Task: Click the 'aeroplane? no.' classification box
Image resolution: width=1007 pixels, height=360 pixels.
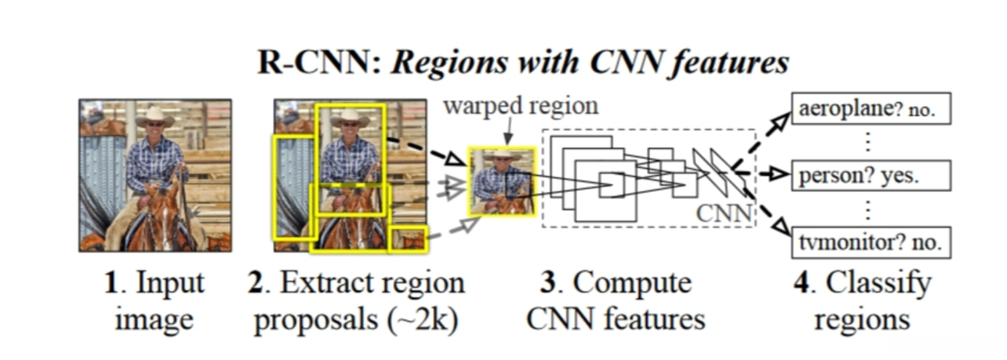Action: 871,111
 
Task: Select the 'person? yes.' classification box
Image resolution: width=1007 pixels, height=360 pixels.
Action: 871,176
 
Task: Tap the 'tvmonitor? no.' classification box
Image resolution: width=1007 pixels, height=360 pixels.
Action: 871,242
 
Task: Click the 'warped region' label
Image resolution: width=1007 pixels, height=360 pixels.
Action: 520,105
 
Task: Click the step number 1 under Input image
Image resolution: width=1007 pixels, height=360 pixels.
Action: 111,282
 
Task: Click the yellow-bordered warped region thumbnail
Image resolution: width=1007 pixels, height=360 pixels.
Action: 502,181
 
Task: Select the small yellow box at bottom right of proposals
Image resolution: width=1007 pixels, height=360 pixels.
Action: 408,238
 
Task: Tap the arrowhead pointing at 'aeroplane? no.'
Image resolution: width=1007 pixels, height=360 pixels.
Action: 780,119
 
